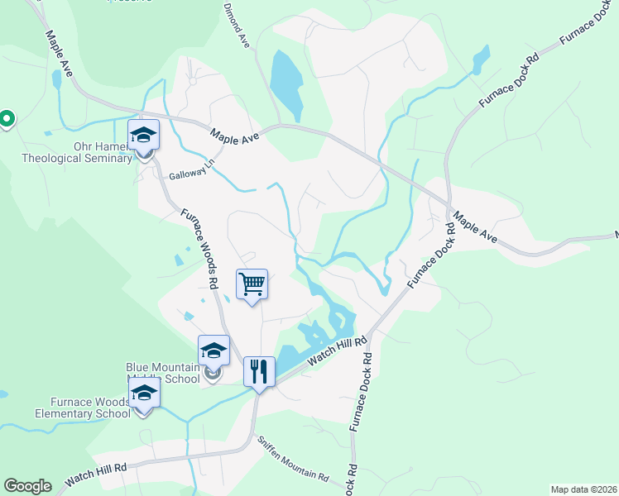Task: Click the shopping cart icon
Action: pyautogui.click(x=252, y=284)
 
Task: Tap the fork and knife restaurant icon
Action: pyautogui.click(x=259, y=372)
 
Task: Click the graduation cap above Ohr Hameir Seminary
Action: pyautogui.click(x=143, y=135)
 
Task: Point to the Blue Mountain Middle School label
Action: pyautogui.click(x=163, y=373)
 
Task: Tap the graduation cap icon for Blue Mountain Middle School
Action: pyautogui.click(x=214, y=350)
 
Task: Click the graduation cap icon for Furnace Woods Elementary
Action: pyautogui.click(x=144, y=393)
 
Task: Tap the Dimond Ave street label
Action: pyautogui.click(x=236, y=25)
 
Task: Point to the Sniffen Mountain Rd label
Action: pyautogui.click(x=292, y=460)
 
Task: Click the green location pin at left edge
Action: pyautogui.click(x=6, y=120)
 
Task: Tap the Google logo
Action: pyautogui.click(x=27, y=486)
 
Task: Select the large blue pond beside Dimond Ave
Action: pyautogui.click(x=286, y=83)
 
